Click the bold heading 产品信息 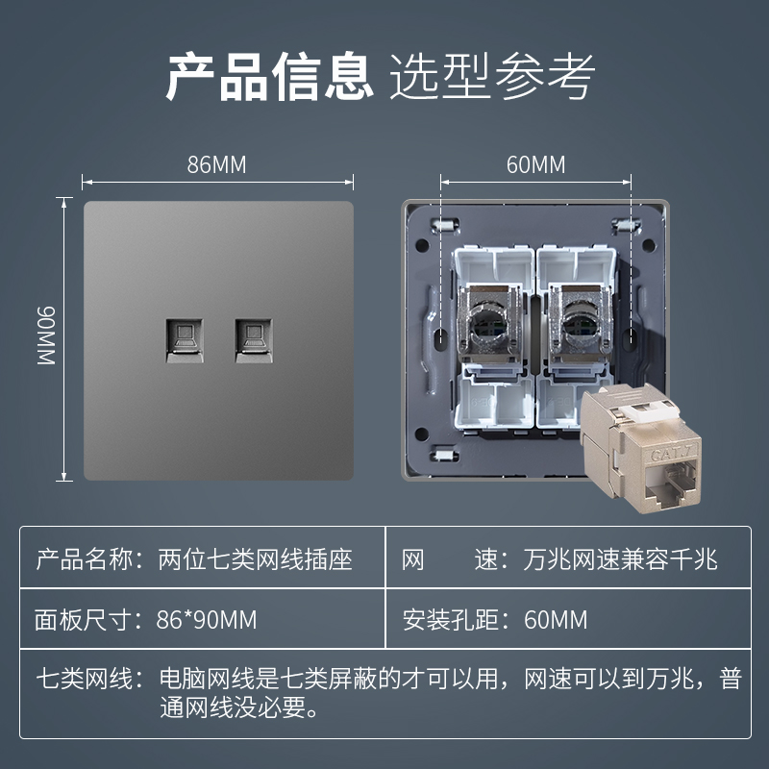point(270,77)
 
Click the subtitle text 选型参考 point(492,77)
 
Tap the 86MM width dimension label point(217,164)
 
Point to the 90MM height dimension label point(46,335)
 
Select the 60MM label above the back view point(535,164)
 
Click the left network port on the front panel point(185,340)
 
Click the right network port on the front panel point(254,340)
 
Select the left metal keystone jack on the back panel point(488,325)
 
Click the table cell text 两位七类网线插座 point(255,559)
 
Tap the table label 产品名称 point(84,559)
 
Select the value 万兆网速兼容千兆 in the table point(620,559)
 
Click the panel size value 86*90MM point(207,620)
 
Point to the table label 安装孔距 point(451,620)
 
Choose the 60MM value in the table point(556,620)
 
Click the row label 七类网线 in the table point(84,680)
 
